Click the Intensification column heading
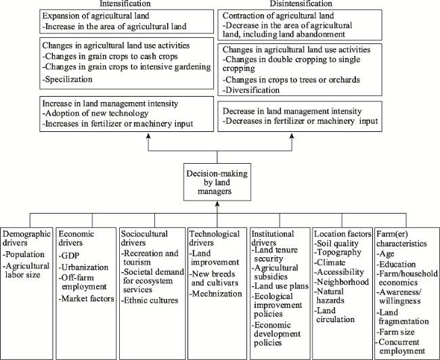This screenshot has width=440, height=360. click(125, 3)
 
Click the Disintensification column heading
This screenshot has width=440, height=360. click(301, 3)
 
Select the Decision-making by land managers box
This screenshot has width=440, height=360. click(217, 182)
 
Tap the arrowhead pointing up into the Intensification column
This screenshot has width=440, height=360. click(148, 136)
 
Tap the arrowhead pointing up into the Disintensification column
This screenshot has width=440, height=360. click(292, 136)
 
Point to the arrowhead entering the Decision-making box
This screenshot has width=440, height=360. click(217, 204)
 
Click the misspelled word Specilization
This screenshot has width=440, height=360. click(67, 79)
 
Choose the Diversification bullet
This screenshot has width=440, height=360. click(251, 90)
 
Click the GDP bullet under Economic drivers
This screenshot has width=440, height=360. click(69, 256)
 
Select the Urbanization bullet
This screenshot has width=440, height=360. click(83, 267)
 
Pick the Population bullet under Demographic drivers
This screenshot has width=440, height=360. click(24, 254)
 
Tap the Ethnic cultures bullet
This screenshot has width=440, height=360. click(150, 300)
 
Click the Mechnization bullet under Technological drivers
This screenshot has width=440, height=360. click(215, 294)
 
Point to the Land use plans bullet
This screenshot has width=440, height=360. click(280, 286)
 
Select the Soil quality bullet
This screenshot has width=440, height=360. click(336, 244)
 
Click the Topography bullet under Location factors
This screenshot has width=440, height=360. click(338, 252)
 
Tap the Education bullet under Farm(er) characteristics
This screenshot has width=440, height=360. click(396, 265)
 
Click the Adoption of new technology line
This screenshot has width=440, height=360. click(95, 114)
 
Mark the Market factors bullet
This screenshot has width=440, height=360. click(87, 298)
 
